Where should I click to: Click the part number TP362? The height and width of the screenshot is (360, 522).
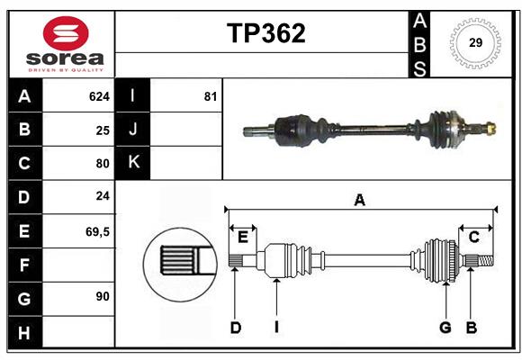click(265, 33)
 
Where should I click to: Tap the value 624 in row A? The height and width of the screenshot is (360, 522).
click(98, 96)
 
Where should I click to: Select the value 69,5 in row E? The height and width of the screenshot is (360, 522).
click(97, 231)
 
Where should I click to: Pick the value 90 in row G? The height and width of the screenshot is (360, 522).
click(102, 295)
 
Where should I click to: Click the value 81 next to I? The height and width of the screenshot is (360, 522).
click(210, 96)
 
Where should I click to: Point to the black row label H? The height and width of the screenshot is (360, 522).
click(24, 332)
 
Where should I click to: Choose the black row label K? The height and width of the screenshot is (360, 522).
click(133, 163)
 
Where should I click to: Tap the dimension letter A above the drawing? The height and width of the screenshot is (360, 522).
click(359, 201)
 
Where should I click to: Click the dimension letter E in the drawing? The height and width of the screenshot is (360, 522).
click(242, 237)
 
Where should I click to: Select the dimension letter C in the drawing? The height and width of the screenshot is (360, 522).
click(472, 237)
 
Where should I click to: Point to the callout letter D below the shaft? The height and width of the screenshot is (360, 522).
click(235, 328)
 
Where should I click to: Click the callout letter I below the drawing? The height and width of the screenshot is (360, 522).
click(277, 328)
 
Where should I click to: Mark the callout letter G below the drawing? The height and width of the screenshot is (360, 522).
click(445, 328)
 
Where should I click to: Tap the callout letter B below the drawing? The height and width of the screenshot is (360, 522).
click(471, 328)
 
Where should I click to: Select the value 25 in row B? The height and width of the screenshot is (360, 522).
click(102, 130)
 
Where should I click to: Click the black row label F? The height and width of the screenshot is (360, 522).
click(24, 265)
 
